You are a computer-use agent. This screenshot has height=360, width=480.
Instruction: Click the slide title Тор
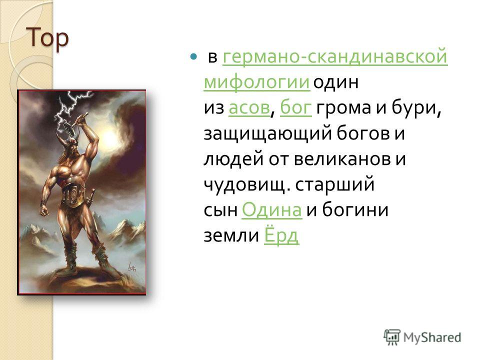(48, 38)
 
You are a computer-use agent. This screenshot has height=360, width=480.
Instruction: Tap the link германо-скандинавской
(335, 57)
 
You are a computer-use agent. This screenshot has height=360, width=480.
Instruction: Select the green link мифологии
(257, 82)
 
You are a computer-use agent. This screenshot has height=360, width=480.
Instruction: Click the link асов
(249, 108)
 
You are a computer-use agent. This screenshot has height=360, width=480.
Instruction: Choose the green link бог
(295, 108)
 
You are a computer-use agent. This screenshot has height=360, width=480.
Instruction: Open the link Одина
(272, 210)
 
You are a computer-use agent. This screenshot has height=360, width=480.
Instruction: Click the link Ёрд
(281, 235)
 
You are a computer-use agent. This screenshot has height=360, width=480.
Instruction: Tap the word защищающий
(267, 134)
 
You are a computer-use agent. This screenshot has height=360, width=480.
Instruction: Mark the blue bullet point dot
(193, 56)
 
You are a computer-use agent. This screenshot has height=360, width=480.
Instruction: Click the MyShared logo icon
(391, 337)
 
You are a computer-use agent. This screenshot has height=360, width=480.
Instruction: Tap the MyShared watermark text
(432, 337)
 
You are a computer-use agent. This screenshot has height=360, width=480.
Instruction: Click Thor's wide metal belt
(73, 194)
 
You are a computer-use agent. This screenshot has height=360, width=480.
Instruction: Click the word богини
(355, 210)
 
